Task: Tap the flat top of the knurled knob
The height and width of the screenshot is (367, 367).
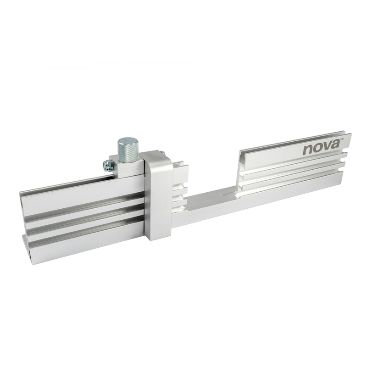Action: pos(128,141)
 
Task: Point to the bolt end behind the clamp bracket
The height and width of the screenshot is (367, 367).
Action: pos(163,153)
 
